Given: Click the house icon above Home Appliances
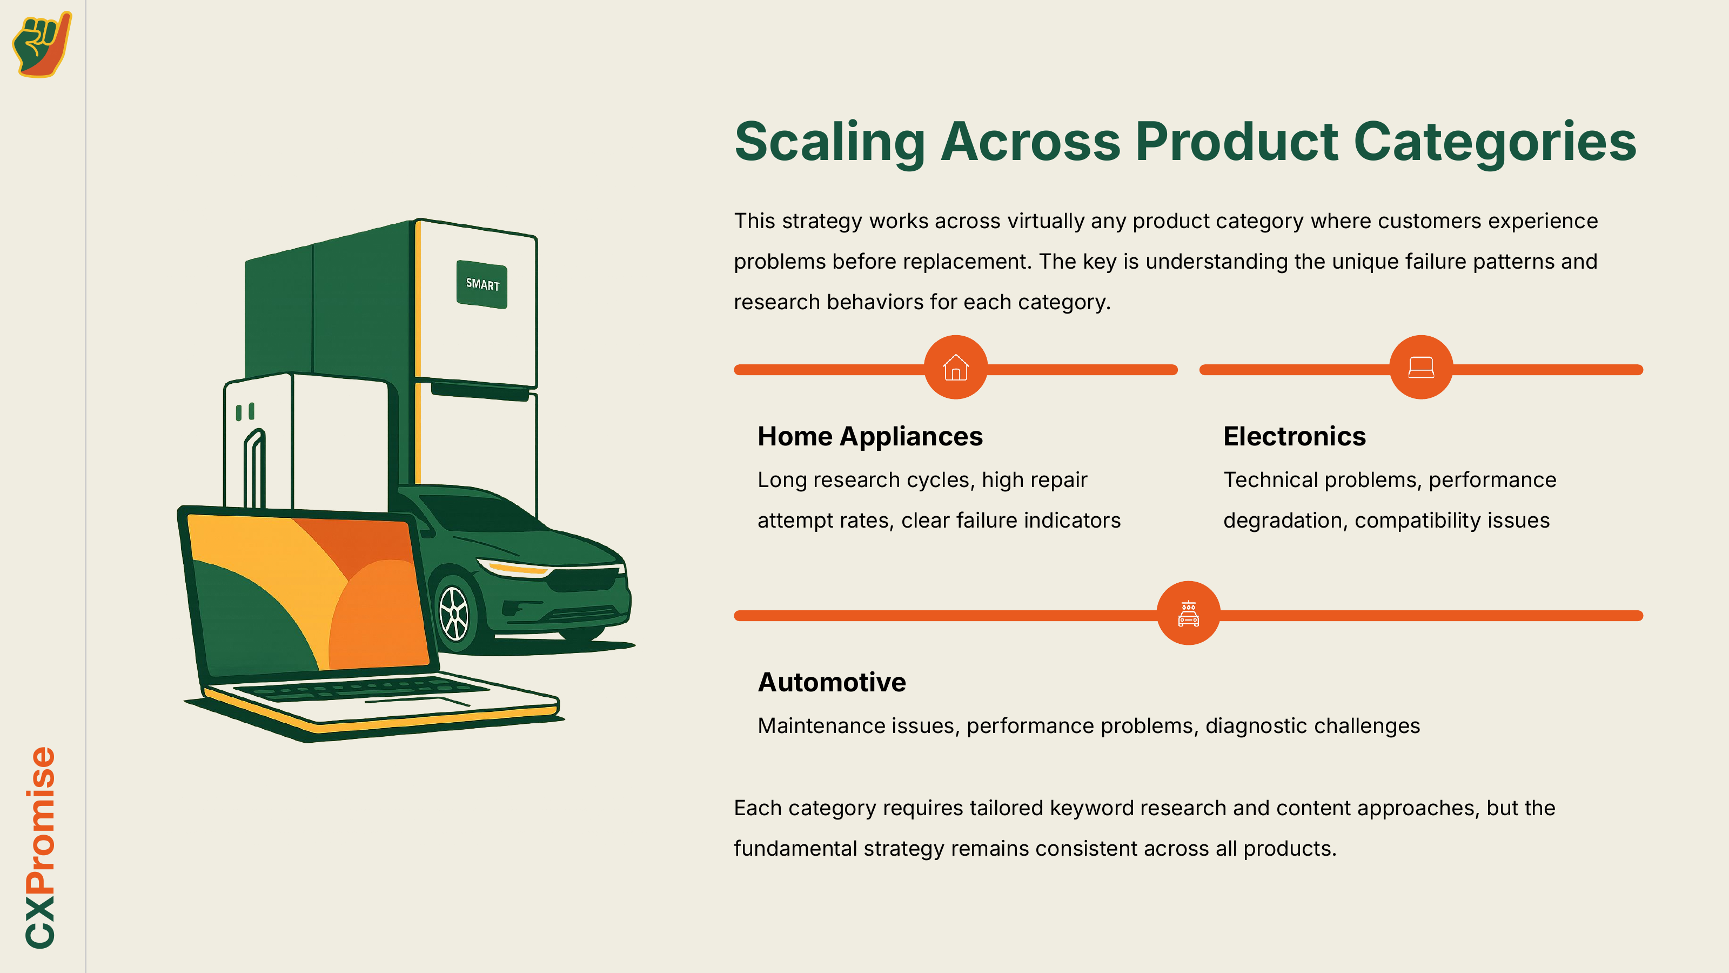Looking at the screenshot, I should pos(955,368).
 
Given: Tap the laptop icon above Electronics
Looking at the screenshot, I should pos(1421,368).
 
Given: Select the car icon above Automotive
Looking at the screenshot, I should pos(1188,613).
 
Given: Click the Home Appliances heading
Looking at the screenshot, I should pos(870,436).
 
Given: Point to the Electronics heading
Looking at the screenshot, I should pos(1294,436).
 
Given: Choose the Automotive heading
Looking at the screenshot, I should pos(832,682).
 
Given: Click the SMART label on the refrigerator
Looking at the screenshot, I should pos(482,285).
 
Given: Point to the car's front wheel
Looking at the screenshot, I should pos(454,614).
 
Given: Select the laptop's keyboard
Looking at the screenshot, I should pos(363,688).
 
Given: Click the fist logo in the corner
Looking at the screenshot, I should pos(42,44).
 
